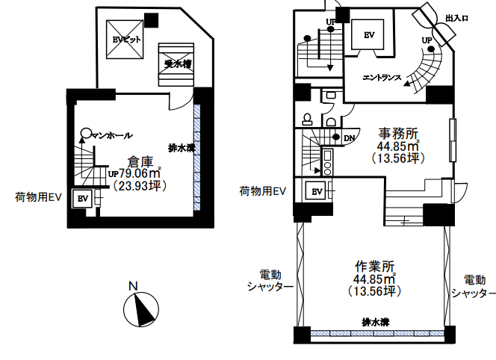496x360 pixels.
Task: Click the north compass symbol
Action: coord(140,309)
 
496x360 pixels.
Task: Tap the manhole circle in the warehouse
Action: coord(85,133)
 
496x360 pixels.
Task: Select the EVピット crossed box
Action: coord(125,40)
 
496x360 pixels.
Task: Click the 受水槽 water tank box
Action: coord(176,64)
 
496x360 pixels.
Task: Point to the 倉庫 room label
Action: coord(140,162)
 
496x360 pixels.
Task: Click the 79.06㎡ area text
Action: coord(140,173)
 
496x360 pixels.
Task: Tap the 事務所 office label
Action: coord(398,134)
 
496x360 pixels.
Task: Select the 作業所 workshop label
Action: coord(374,267)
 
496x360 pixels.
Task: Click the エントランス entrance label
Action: coord(382,78)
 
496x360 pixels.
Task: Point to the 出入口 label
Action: coord(456,19)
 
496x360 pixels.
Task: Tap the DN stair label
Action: coord(350,138)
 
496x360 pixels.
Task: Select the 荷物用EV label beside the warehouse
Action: coord(38,197)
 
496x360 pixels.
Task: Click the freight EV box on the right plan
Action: coord(317,191)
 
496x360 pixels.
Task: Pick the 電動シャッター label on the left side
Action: coord(270,280)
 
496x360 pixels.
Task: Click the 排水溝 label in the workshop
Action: coord(376,323)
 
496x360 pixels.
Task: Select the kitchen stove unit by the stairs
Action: coord(327,163)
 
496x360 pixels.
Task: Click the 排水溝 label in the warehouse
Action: coord(182,147)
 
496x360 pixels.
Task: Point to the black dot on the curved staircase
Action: coord(431,49)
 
